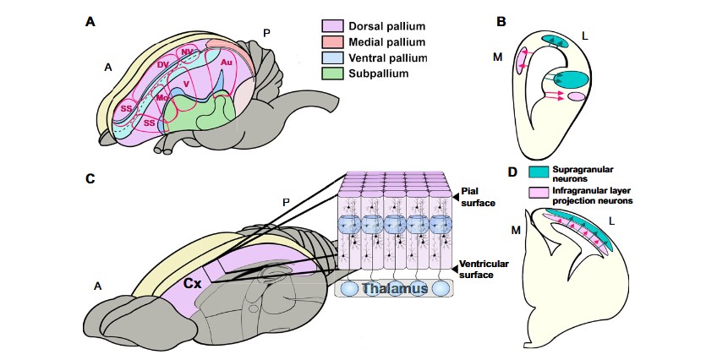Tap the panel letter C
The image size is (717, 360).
pos(90,178)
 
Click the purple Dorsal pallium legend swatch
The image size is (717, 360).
pos(331,26)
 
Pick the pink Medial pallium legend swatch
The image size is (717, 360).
pos(331,41)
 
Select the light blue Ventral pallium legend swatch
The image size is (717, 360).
pos(331,57)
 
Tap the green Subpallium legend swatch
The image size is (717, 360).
pos(331,74)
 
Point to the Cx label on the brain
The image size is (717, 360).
pos(193,284)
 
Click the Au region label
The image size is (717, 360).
pos(226,63)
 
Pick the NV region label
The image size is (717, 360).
pos(187,52)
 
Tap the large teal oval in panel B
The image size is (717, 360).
pos(566,79)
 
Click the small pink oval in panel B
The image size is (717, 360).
pos(576,98)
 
